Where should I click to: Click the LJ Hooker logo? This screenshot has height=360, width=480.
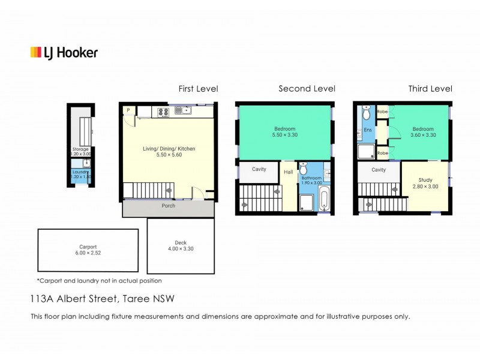64,53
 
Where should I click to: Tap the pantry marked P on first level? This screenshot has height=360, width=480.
128,110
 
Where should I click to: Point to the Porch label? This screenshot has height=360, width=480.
169,206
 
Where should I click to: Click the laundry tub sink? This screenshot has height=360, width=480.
87,162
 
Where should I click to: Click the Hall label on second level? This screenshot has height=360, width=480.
289,172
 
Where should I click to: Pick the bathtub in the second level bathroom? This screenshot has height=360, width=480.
324,199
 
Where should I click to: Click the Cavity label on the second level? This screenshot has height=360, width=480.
259,169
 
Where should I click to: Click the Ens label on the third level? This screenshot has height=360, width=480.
367,130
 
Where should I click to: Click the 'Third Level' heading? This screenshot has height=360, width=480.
430,89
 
